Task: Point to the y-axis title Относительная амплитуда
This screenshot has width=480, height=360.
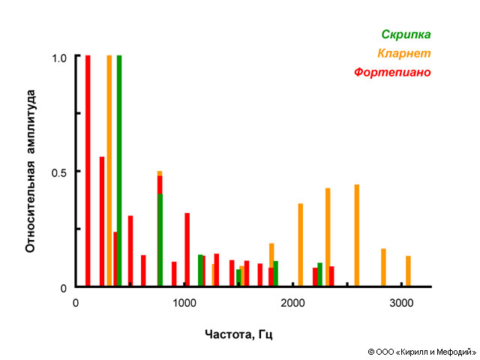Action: (31, 172)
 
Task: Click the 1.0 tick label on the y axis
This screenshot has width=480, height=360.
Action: (60, 57)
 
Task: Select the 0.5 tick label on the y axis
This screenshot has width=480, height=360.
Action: (60, 172)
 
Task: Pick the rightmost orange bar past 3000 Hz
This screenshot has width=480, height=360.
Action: (409, 271)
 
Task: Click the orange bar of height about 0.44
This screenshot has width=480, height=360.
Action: (357, 235)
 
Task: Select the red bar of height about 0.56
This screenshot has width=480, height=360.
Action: (102, 221)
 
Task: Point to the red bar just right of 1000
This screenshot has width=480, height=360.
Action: (187, 250)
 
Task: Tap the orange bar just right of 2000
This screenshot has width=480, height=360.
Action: (301, 244)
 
